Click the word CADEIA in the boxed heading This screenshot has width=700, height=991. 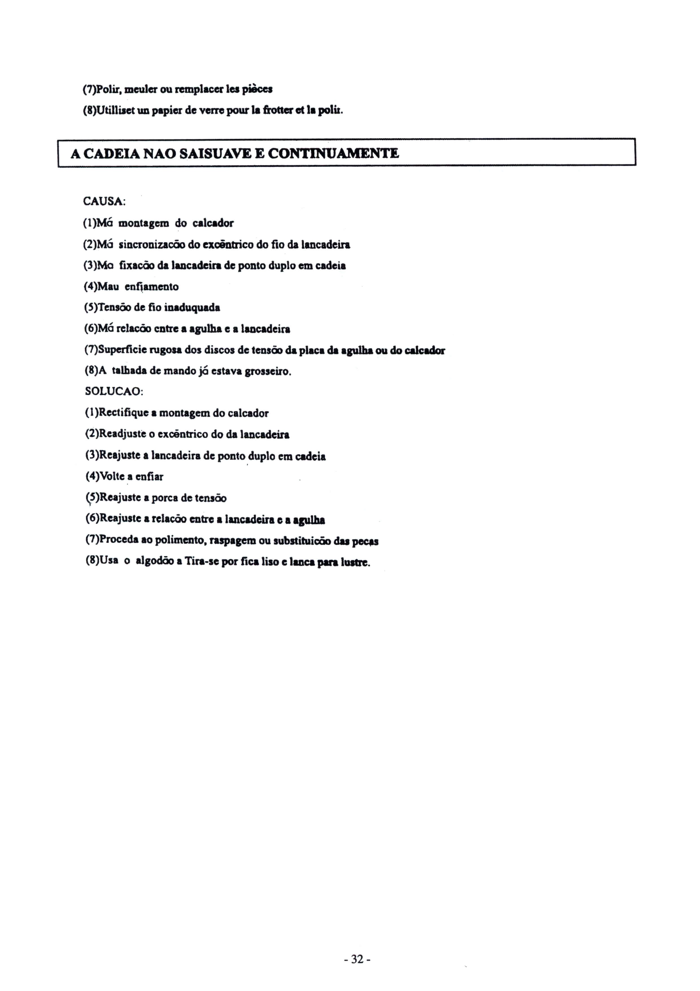point(111,154)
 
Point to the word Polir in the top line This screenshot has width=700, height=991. point(106,90)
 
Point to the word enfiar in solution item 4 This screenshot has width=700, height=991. point(149,477)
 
